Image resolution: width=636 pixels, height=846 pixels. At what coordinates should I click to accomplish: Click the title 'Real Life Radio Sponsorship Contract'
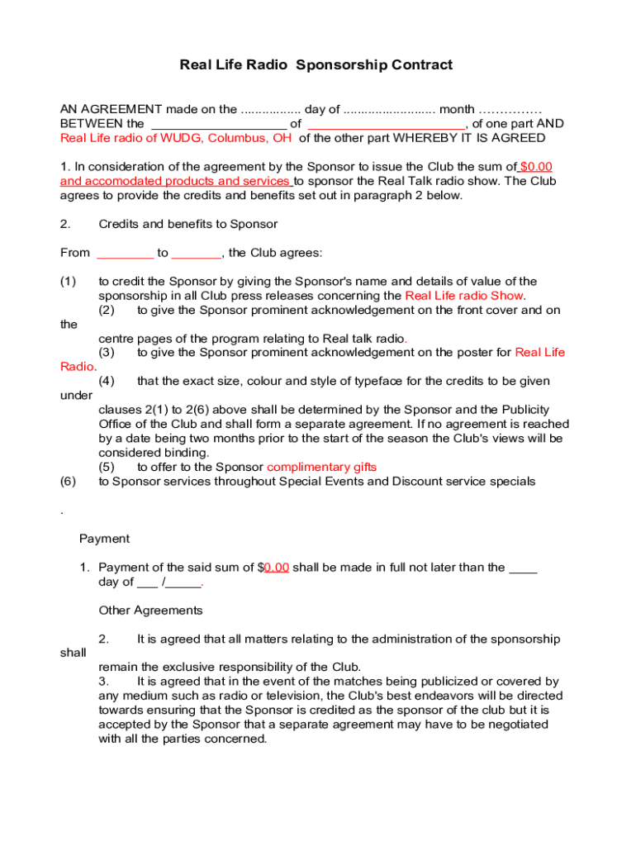click(x=316, y=65)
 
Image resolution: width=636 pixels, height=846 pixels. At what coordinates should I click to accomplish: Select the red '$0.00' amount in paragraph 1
click(x=536, y=167)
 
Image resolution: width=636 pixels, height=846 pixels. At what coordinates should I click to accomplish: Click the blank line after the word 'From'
click(x=126, y=253)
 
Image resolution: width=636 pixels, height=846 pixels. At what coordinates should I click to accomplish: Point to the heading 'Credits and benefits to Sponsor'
click(x=187, y=224)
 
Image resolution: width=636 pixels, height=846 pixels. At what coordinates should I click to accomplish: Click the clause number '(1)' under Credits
click(x=69, y=282)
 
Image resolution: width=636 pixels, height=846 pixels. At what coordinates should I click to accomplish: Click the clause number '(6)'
click(x=69, y=481)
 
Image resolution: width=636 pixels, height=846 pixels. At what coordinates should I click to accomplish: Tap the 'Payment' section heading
click(x=104, y=539)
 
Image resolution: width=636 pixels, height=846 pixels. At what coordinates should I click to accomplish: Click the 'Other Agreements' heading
click(x=150, y=611)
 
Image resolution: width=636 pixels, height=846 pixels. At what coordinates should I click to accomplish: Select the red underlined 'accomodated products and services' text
click(x=175, y=181)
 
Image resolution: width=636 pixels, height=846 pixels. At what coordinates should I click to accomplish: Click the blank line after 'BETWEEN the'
click(x=216, y=124)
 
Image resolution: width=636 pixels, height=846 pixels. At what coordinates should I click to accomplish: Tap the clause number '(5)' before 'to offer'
click(x=107, y=467)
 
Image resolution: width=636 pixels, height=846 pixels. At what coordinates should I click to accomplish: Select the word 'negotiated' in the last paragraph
click(x=519, y=725)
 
